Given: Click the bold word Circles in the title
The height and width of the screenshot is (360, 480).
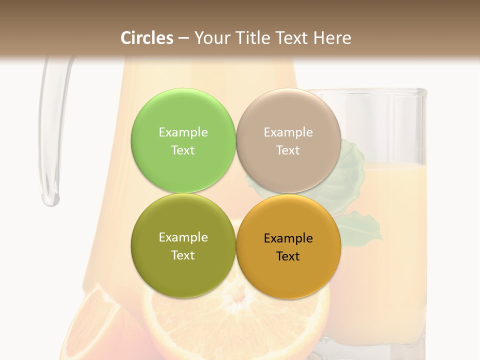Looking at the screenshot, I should tap(147, 38).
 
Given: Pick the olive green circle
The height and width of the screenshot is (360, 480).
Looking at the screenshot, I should tap(183, 272).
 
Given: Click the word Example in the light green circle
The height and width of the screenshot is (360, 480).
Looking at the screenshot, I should tap(183, 132).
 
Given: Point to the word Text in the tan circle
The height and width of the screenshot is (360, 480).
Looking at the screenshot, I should tap(288, 150).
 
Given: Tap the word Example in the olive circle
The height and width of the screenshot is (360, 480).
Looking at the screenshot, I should tap(183, 237).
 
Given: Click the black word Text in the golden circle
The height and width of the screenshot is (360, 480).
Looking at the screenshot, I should tap(288, 256).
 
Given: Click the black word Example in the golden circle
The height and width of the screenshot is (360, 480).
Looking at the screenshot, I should tap(288, 238).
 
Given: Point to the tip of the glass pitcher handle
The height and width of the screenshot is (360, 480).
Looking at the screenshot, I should tap(50, 200).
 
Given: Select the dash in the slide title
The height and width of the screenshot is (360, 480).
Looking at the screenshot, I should tap(183, 38).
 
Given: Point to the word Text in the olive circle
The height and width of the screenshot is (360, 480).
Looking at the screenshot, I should tap(183, 255).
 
